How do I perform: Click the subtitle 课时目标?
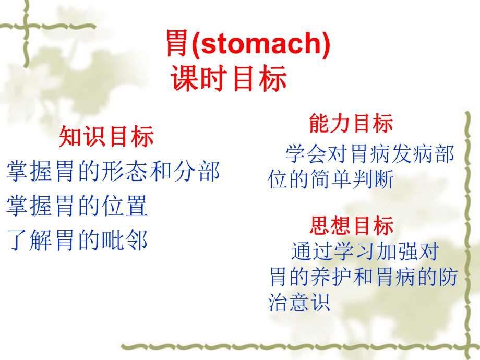[229, 79]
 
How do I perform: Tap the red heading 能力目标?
[351, 124]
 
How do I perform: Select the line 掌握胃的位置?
[78, 206]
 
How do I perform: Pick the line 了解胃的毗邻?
[78, 241]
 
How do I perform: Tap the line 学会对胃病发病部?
[369, 154]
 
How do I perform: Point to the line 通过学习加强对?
[365, 252]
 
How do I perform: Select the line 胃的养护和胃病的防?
[363, 277]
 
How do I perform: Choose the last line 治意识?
[299, 302]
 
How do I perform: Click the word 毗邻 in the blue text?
[130, 241]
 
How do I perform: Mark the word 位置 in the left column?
[130, 206]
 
